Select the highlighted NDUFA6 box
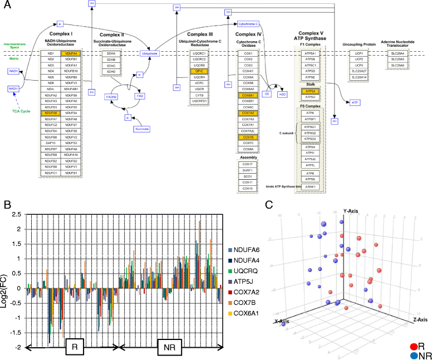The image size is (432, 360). (51, 112)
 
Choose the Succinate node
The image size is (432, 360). (142, 129)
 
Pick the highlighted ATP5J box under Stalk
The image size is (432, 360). (308, 91)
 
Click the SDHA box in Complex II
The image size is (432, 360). (111, 54)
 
